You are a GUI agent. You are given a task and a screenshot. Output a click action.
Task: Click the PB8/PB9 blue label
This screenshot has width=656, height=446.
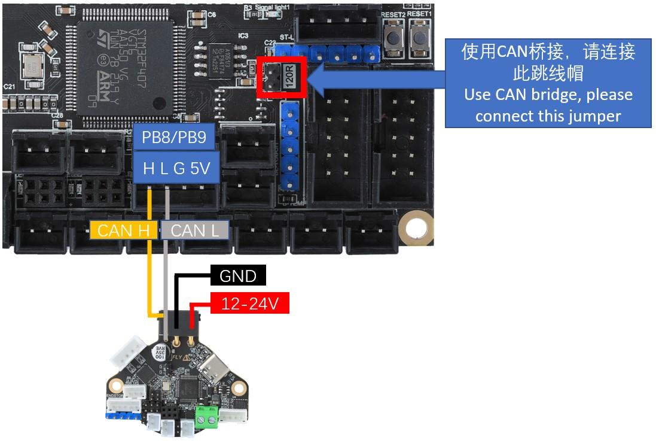tap(174, 139)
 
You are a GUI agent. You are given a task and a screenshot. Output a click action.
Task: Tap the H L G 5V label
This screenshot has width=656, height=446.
tap(176, 169)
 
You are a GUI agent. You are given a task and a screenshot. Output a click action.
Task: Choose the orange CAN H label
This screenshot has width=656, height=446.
tap(123, 230)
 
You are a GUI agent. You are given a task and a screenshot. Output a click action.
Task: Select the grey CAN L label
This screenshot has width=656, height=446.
tap(195, 230)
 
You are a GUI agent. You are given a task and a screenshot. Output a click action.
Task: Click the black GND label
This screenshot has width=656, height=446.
tap(238, 276)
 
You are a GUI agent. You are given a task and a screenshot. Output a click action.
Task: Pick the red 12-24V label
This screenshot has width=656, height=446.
tap(249, 304)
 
